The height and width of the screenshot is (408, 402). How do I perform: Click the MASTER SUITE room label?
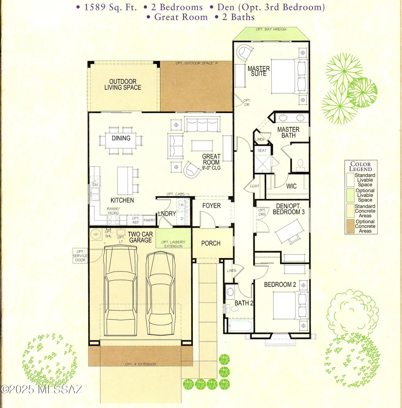pos(258,71)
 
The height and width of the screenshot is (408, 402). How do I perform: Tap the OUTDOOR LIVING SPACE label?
pos(123,85)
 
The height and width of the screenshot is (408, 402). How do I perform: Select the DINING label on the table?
pos(121,138)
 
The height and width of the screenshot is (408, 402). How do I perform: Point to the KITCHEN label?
pos(122,200)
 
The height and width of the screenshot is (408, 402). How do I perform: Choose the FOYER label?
pos(211,206)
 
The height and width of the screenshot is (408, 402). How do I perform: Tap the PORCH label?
pos(211,243)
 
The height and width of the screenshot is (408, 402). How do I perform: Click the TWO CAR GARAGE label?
pos(140,237)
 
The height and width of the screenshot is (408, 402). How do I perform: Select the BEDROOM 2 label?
pos(280,285)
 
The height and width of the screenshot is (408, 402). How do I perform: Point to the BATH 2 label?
pos(244,303)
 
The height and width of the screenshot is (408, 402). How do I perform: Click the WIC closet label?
pos(291,186)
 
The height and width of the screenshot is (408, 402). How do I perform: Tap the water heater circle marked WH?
pos(96,234)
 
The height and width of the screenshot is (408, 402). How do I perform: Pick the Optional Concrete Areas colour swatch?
pos(350,226)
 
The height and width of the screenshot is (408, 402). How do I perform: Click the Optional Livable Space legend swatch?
pos(350,195)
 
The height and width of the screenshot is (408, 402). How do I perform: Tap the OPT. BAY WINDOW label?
pos(271,29)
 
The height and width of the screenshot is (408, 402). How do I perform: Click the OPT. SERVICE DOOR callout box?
pos(80,256)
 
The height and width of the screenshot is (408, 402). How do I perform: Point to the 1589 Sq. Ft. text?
pos(110,7)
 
